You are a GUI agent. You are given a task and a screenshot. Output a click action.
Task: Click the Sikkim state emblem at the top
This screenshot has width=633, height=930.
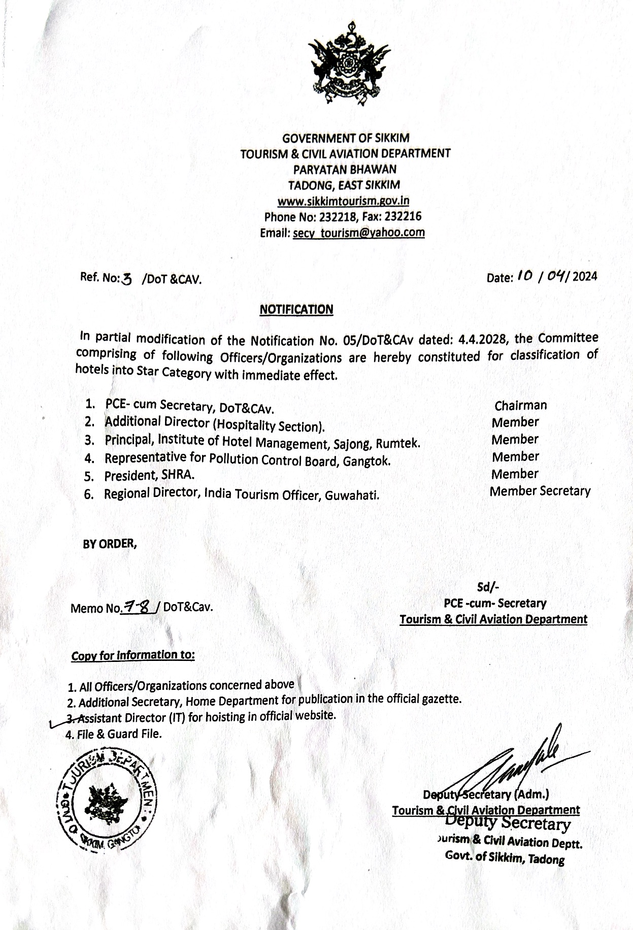(349, 64)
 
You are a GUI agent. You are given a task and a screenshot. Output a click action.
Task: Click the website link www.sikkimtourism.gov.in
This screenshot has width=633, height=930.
(344, 201)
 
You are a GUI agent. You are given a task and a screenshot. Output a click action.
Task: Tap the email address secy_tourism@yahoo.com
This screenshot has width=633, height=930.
(358, 233)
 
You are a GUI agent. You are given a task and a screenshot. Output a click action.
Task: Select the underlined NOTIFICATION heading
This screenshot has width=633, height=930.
(296, 309)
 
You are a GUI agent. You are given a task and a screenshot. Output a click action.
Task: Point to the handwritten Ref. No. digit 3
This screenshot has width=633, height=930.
(127, 278)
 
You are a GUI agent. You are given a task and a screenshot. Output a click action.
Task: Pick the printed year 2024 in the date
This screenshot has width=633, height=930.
(585, 277)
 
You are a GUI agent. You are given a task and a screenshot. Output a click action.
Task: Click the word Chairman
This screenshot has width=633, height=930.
(520, 405)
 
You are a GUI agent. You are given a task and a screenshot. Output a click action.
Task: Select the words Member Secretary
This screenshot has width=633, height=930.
(540, 491)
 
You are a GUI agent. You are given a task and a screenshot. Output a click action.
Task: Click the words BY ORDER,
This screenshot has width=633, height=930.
(110, 544)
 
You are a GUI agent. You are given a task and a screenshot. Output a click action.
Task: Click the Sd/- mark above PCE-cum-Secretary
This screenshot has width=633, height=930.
(488, 587)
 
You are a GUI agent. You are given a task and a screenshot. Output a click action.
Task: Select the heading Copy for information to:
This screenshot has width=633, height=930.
(133, 655)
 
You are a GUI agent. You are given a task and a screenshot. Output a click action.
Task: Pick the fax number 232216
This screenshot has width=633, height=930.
(403, 217)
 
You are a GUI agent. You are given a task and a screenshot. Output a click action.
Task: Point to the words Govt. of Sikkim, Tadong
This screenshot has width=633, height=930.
(505, 858)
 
